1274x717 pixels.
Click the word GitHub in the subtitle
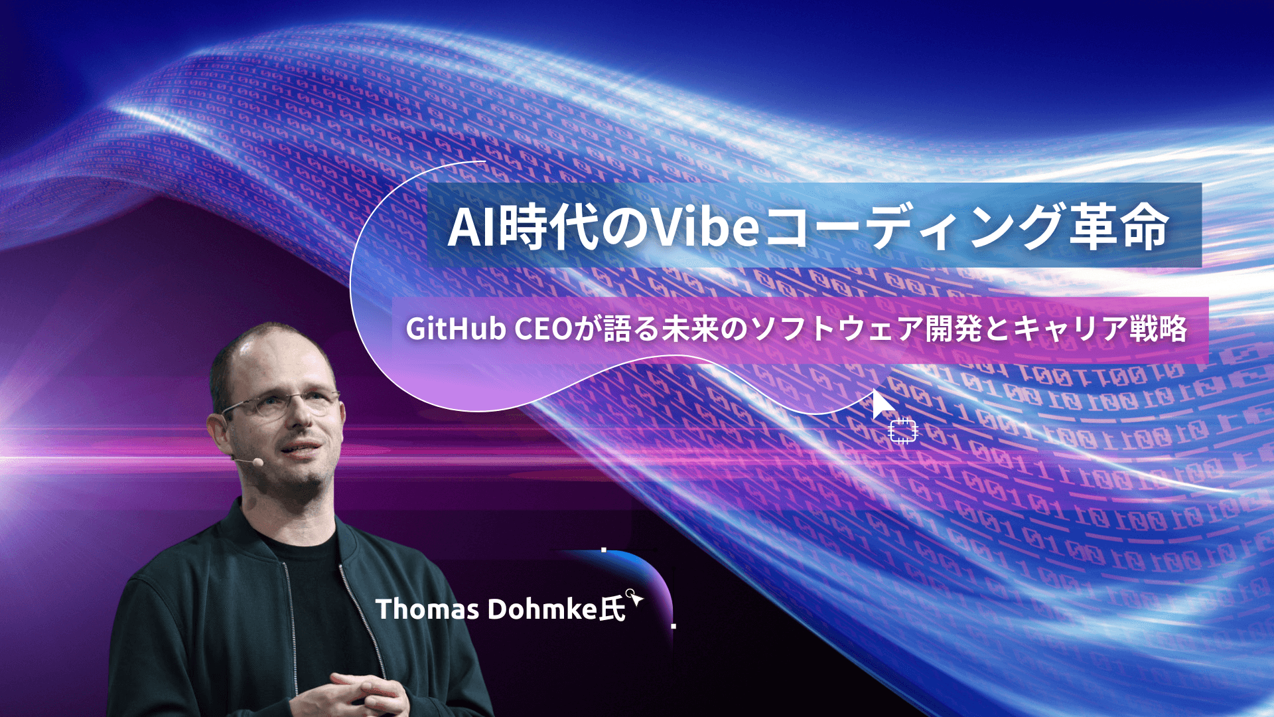point(456,329)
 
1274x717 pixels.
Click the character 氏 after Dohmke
point(612,609)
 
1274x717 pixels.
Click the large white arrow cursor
point(882,404)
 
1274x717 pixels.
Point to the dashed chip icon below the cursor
point(902,431)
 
